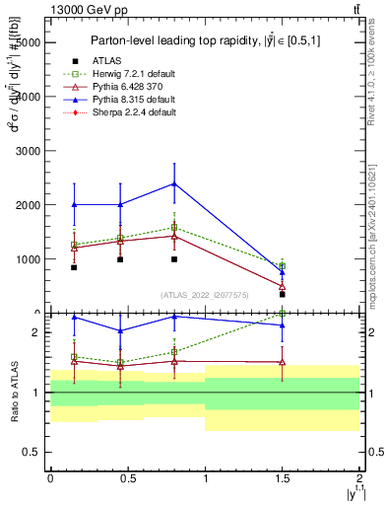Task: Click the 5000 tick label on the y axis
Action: pos(27,43)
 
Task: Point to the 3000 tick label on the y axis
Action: pos(27,152)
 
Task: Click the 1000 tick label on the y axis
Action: pos(27,259)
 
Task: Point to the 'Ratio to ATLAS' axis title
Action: pos(13,392)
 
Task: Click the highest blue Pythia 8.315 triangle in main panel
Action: pos(174,183)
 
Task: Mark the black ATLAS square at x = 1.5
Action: pos(283,294)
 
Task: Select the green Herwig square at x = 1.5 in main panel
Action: pos(283,266)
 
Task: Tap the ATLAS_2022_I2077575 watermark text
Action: pos(204,294)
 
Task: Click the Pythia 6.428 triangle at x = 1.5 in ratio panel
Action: pos(283,362)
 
